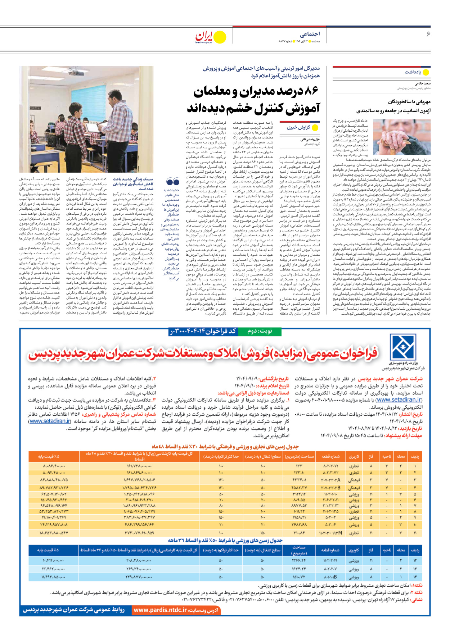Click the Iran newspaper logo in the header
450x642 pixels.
coord(211,37)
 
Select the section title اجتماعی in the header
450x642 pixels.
coord(309,34)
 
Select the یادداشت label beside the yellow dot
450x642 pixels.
coord(413,72)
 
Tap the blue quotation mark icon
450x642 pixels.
coord(173,182)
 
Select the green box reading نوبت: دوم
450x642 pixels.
coord(260,331)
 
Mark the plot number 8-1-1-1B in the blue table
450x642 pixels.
coord(330,577)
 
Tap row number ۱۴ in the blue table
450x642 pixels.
coord(415,577)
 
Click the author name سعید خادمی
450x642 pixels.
coord(422,83)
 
